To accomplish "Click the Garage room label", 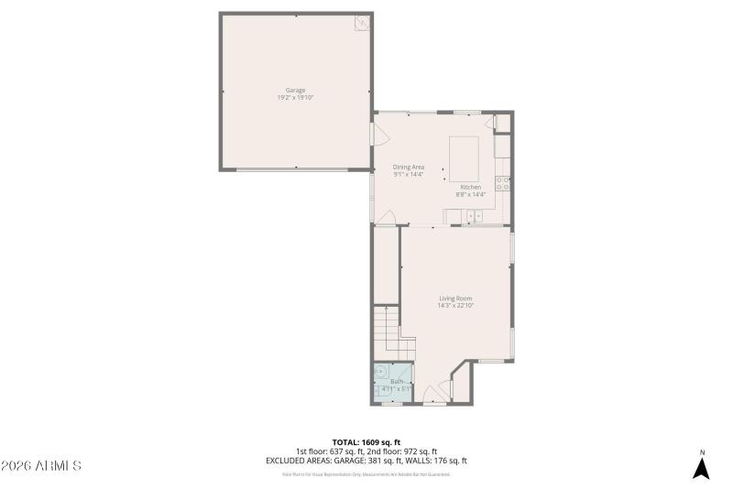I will (295, 90).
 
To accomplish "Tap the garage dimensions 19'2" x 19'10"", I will (295, 97).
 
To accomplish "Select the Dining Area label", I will (409, 166).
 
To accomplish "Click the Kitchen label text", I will (470, 187).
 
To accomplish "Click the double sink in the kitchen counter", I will (474, 216).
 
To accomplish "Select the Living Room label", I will (455, 298).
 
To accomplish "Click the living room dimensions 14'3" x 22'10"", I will (455, 306).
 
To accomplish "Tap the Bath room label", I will (396, 381).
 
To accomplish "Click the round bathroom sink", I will (381, 372).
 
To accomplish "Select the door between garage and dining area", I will (377, 135).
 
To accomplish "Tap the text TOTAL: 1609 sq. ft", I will (366, 441).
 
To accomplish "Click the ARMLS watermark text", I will (41, 466).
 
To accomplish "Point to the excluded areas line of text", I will (366, 461).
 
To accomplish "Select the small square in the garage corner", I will (361, 23).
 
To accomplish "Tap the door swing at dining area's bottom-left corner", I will (387, 217).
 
